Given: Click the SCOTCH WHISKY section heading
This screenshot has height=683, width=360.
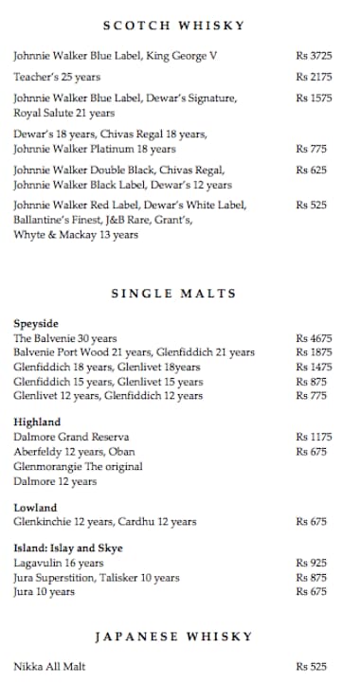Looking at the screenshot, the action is [173, 26].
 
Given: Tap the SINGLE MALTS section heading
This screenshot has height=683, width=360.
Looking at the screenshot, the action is [173, 294].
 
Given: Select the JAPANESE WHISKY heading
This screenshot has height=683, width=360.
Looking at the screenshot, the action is [173, 636].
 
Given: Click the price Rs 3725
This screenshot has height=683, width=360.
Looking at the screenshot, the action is [314, 56].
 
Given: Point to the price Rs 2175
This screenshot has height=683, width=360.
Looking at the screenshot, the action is [314, 77].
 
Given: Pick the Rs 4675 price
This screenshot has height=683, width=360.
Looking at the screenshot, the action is [314, 338].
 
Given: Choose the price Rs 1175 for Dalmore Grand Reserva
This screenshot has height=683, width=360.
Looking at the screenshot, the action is [314, 438].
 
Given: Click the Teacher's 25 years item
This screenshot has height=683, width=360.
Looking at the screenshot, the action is [57, 77].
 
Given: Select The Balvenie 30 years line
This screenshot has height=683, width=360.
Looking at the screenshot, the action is [65, 338].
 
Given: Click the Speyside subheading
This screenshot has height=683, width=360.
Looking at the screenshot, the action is [36, 323].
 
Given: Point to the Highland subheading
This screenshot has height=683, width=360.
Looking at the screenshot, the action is [37, 422].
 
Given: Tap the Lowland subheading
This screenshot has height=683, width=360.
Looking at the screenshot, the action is [35, 508].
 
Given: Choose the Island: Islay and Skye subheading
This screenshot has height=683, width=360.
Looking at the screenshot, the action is [68, 548].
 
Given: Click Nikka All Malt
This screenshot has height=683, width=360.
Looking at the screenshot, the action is [49, 667].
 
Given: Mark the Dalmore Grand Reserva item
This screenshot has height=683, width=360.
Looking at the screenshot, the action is [64, 438].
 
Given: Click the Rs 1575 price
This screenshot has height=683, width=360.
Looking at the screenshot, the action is [314, 98].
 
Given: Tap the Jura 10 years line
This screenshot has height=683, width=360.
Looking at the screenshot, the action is [44, 592].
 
